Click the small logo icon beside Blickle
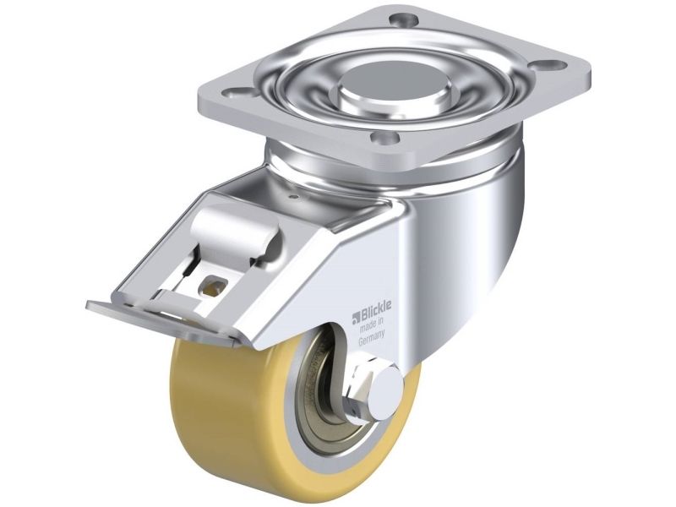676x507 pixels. (x=356, y=318)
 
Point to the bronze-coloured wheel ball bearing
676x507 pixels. (x=325, y=401)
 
